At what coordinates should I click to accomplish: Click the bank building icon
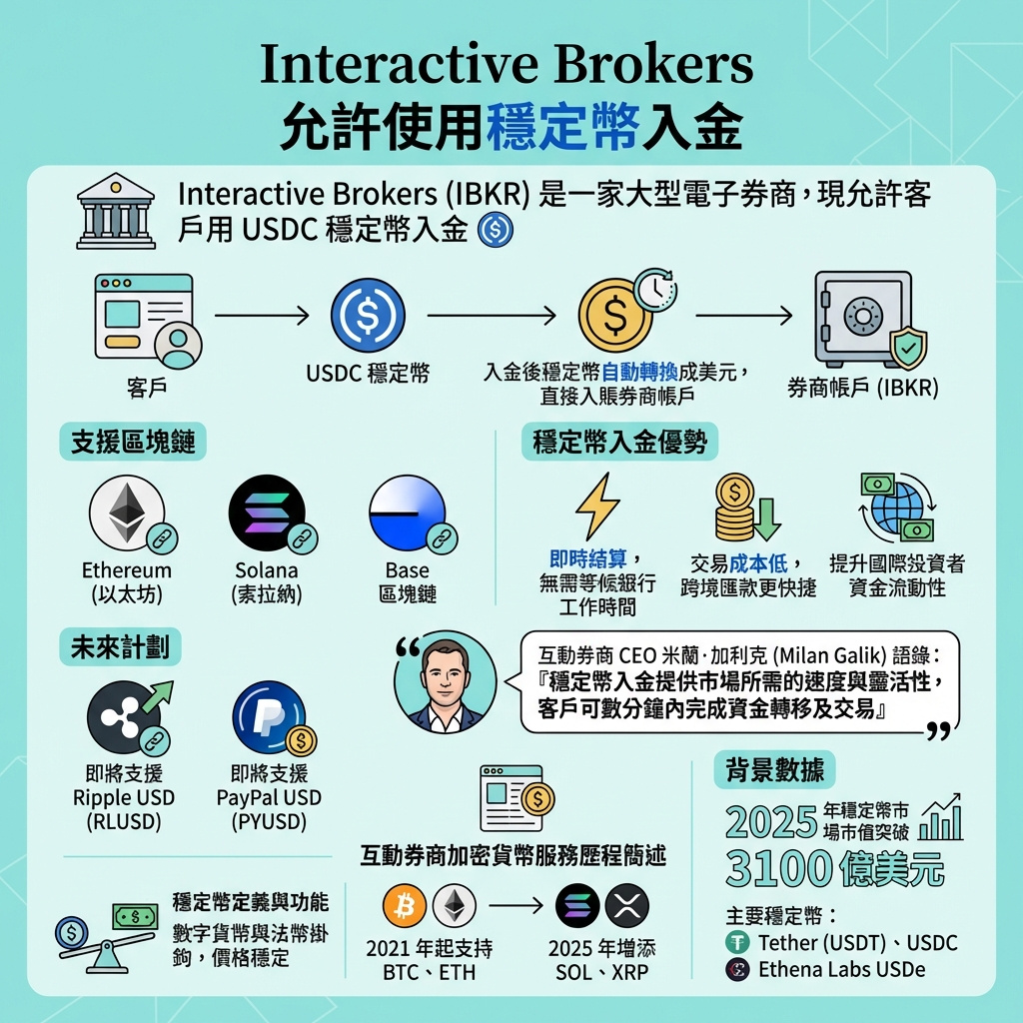coord(116,211)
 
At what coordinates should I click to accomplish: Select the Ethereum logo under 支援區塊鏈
coord(127,513)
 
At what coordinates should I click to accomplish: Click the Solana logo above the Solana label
coord(267,513)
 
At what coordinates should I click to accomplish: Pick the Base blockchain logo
coord(407,513)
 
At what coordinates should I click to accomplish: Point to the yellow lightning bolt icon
coord(597,507)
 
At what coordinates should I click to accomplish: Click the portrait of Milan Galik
coord(446,682)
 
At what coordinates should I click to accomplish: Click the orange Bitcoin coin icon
coord(405,907)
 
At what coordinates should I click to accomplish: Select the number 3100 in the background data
coord(781,867)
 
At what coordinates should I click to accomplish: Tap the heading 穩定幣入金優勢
coord(619,442)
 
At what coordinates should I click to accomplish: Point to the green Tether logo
coord(739,942)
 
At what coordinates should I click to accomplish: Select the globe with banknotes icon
coord(896,507)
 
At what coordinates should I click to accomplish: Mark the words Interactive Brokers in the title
coord(507,65)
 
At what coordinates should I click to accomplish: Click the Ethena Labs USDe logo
coord(739,969)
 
